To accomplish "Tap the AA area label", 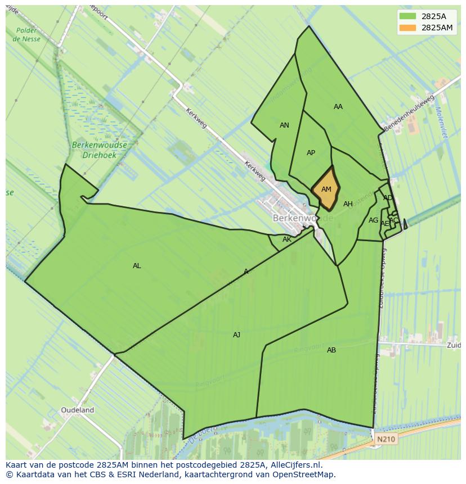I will (x=338, y=107).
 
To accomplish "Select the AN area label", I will (x=284, y=125).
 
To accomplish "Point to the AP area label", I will (x=311, y=153).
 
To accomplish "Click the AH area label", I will (x=348, y=204).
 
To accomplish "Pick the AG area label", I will (x=373, y=220).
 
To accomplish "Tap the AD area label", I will (x=388, y=198).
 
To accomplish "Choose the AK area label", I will (x=287, y=239).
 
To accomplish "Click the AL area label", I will (x=137, y=266).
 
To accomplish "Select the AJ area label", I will (x=236, y=335).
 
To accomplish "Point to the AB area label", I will (x=331, y=350).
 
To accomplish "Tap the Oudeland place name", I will (x=78, y=410).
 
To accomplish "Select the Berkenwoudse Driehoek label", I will (x=100, y=149).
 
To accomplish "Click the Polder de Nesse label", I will (x=26, y=35).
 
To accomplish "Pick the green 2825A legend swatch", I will (x=407, y=16).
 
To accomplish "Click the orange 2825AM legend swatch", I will (x=407, y=28).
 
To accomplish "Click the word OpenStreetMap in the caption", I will (x=306, y=474).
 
